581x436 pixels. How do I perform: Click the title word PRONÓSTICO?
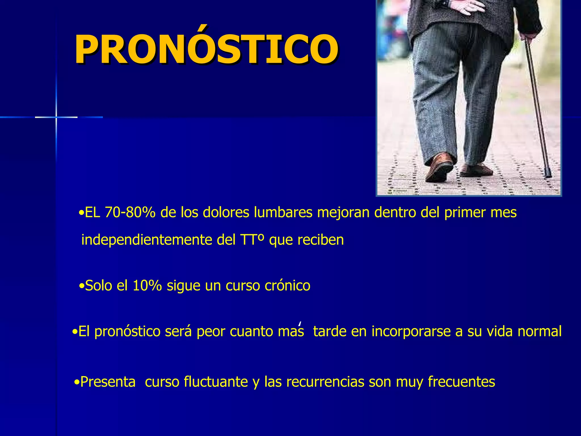[206, 49]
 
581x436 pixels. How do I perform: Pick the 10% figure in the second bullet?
[147, 286]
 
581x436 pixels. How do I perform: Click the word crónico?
[287, 286]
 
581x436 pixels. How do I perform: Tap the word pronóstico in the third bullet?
[127, 332]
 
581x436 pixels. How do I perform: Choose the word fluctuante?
[216, 382]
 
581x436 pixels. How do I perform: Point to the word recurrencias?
[325, 382]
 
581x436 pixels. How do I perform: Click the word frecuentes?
[461, 382]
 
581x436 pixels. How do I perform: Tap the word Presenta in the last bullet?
[108, 382]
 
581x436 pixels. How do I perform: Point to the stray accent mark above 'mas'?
[300, 324]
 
